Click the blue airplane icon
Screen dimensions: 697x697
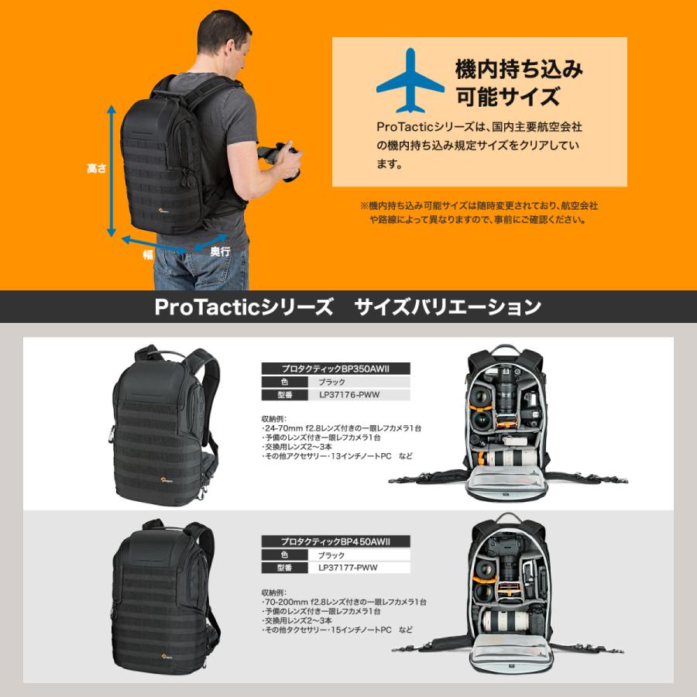[410, 81]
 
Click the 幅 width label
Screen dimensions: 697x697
[147, 253]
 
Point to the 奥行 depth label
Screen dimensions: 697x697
[220, 252]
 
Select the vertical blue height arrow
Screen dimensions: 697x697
[112, 171]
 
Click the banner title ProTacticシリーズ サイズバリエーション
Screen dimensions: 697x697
[348, 307]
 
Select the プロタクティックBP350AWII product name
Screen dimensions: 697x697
[335, 369]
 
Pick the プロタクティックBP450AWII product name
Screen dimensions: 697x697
[335, 542]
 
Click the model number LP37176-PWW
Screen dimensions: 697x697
[348, 395]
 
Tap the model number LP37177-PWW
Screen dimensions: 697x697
[348, 568]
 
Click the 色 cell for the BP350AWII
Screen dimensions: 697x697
[283, 383]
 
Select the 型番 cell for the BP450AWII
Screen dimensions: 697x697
[283, 568]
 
